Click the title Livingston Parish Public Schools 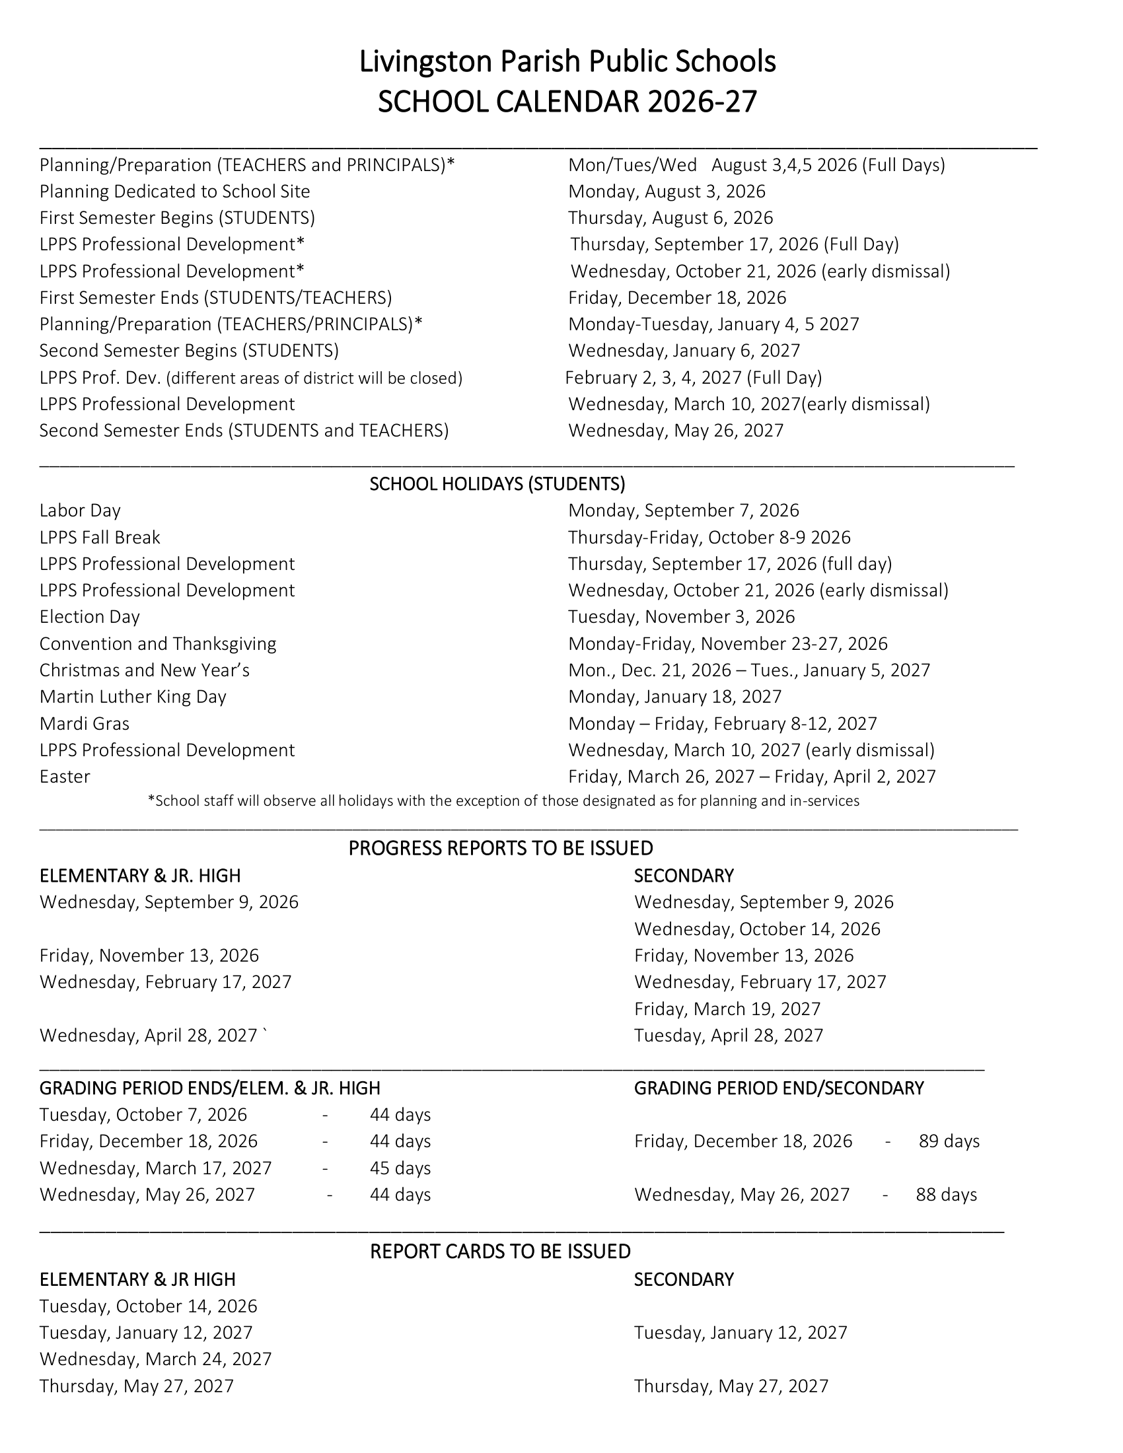567,62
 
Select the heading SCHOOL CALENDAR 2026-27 567,102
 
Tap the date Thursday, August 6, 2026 670,218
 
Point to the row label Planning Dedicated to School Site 174,192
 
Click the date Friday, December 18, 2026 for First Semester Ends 676,297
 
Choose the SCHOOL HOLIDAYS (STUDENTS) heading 497,483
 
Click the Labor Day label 80,511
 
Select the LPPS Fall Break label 100,537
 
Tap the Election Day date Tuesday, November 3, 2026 681,617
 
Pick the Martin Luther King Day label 132,697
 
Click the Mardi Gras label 85,723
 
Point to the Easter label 65,777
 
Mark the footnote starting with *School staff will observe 503,801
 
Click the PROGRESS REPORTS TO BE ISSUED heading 500,848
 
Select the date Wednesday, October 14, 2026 756,929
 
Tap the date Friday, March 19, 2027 727,1009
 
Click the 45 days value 400,1168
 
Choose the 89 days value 949,1142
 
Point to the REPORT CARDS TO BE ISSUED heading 499,1252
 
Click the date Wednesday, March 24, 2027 156,1359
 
